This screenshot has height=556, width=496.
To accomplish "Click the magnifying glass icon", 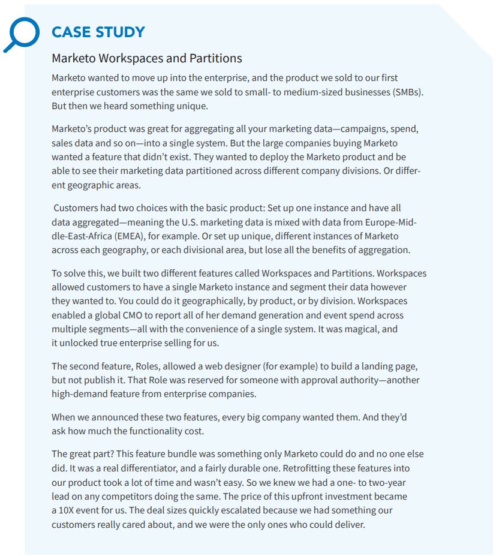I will tap(20, 33).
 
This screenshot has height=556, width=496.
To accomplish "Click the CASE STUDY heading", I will tap(98, 32).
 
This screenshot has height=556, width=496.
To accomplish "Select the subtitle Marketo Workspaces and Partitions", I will tap(147, 58).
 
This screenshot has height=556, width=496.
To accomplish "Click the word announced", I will tap(106, 417).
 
